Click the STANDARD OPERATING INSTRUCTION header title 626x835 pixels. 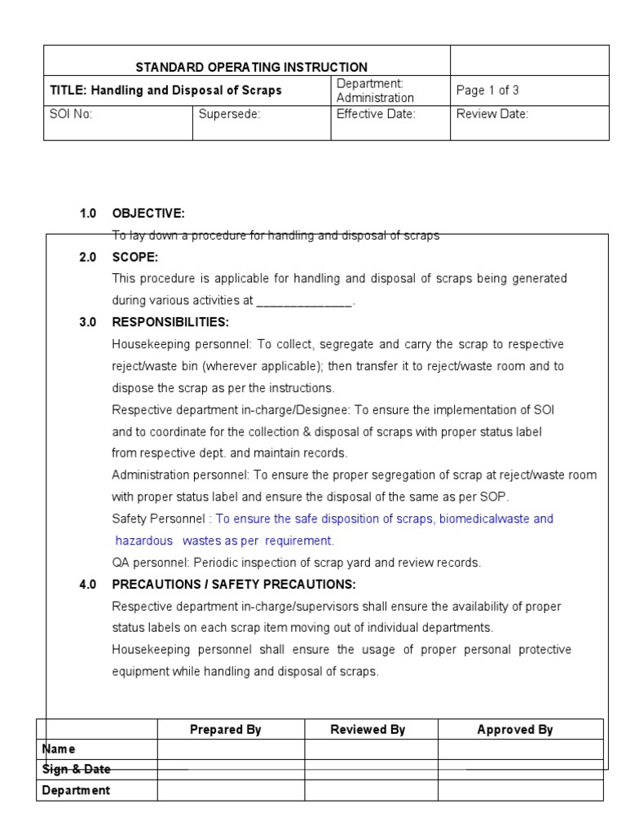pyautogui.click(x=250, y=68)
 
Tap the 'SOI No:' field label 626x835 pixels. pyautogui.click(x=71, y=114)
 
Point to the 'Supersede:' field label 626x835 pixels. pyautogui.click(x=229, y=114)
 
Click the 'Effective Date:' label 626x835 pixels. pyautogui.click(x=376, y=114)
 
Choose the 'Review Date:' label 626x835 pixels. pyautogui.click(x=492, y=114)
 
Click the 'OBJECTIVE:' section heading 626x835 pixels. pyautogui.click(x=148, y=214)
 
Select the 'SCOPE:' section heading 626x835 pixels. pyautogui.click(x=134, y=257)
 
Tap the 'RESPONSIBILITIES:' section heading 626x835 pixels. pyautogui.click(x=170, y=322)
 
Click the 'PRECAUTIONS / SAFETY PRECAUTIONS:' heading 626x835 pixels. pyautogui.click(x=233, y=585)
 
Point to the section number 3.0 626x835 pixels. pyautogui.click(x=88, y=322)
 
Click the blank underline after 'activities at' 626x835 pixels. pyautogui.click(x=304, y=301)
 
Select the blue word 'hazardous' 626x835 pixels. pyautogui.click(x=144, y=541)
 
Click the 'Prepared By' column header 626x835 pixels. pyautogui.click(x=225, y=730)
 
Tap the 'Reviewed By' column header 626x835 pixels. pyautogui.click(x=368, y=730)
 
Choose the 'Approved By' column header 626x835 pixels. pyautogui.click(x=515, y=730)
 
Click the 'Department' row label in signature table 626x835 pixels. pyautogui.click(x=76, y=790)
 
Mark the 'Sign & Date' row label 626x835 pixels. pyautogui.click(x=76, y=769)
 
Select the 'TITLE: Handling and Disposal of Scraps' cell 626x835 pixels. pyautogui.click(x=165, y=91)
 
